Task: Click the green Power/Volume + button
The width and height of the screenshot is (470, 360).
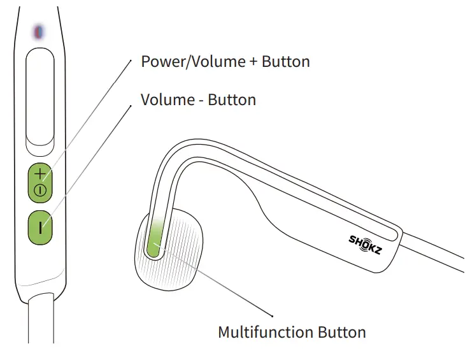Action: click(x=40, y=182)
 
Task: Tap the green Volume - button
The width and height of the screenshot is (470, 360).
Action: click(x=40, y=226)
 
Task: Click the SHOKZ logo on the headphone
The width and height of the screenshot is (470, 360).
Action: click(x=366, y=244)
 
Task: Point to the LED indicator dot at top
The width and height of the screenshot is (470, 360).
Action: click(x=38, y=30)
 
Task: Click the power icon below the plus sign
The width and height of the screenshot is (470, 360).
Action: click(x=40, y=189)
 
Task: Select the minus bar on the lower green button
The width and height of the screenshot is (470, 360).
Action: click(x=40, y=226)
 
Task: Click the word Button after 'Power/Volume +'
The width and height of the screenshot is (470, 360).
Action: click(x=285, y=62)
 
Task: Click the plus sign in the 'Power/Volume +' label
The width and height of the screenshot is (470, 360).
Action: click(x=253, y=62)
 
